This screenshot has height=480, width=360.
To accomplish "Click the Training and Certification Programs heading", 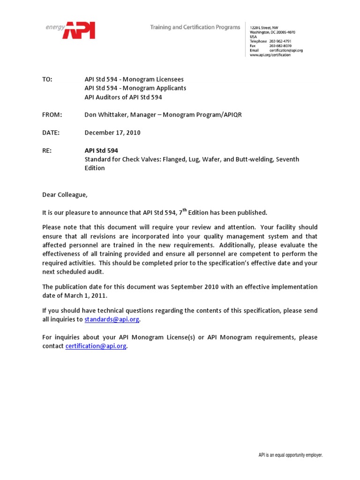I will pos(195,27).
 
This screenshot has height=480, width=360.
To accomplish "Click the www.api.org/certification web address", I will pos(270,55).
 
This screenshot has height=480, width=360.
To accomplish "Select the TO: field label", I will pos(47,80).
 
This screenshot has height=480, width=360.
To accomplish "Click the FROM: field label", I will pos(52,115).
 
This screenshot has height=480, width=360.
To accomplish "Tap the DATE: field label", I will pos(51,133).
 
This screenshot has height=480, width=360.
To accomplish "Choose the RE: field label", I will pos(47,150).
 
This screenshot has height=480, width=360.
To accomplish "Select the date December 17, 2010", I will pos(112,133).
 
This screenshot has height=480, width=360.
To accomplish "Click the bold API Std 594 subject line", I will pos(101,150).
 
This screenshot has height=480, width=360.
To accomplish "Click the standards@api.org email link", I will pos(112,319).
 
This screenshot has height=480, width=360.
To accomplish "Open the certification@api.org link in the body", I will pos(96,346).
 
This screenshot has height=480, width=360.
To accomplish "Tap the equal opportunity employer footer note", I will pos(291,455).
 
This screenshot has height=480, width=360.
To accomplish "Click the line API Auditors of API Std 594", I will pos(123,97).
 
